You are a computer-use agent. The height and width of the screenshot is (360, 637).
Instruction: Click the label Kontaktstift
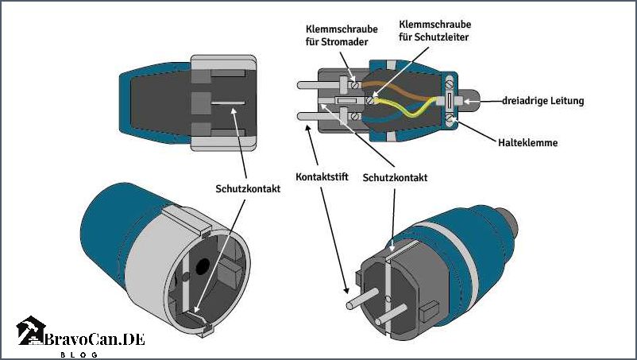tap(322, 176)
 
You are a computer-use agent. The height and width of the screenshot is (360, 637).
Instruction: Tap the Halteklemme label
tap(527, 142)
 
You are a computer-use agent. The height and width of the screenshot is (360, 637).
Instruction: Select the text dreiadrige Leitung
tap(543, 101)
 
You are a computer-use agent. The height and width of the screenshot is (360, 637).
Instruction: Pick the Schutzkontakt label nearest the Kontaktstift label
tap(395, 177)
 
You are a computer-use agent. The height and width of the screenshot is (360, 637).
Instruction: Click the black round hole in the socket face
tap(203, 267)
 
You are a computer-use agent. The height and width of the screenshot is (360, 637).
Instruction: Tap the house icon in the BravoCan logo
tap(30, 331)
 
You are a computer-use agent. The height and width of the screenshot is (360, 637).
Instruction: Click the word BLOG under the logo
tap(79, 354)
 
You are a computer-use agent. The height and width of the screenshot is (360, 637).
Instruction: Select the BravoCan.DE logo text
tap(95, 339)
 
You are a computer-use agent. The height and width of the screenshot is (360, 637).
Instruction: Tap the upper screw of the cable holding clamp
tap(449, 85)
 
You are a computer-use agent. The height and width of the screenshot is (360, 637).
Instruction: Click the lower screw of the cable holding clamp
tap(449, 118)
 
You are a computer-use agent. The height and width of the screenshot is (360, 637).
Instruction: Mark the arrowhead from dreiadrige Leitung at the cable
tap(467, 101)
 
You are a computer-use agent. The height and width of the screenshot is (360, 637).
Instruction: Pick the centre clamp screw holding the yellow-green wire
tap(369, 100)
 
